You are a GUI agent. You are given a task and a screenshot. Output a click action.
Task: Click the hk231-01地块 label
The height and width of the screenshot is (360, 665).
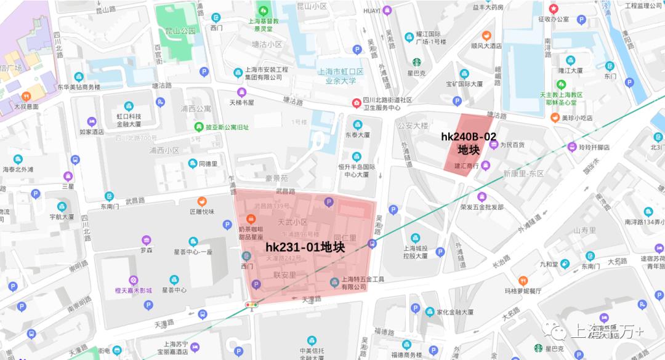point(305,247)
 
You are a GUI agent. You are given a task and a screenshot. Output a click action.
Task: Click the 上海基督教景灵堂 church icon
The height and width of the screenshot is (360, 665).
point(264,10)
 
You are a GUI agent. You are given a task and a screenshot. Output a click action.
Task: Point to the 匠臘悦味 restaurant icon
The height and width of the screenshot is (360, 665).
point(201,201)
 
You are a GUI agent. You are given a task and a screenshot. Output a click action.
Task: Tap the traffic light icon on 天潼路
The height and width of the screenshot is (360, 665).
point(252,305)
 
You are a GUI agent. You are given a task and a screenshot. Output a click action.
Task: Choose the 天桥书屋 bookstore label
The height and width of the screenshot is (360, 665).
point(242,102)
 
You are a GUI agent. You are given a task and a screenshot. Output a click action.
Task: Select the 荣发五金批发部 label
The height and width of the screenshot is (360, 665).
point(481,207)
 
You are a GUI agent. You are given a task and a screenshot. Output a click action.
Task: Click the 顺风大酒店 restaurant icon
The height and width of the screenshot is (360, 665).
point(486,35)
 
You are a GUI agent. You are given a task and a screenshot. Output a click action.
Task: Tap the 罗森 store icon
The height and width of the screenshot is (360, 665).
point(147,240)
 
